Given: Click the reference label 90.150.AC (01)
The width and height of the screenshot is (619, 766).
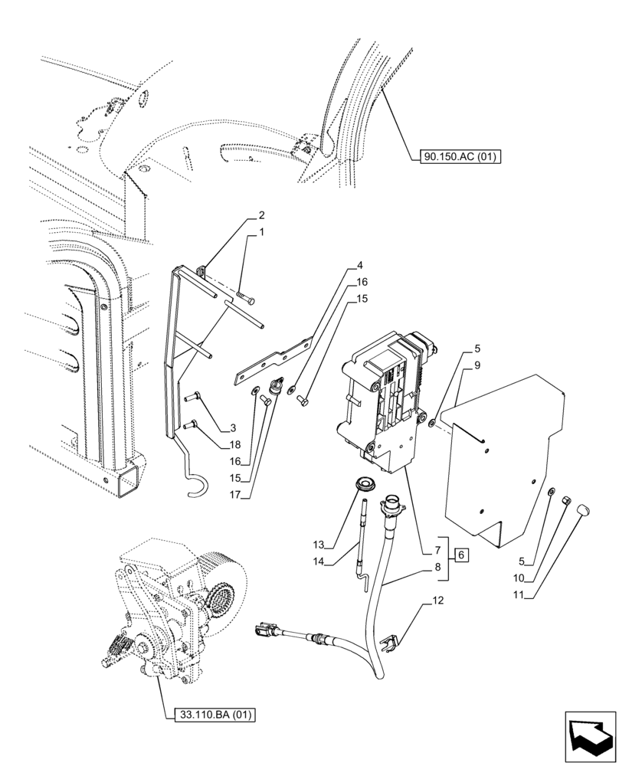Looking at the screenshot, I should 459,158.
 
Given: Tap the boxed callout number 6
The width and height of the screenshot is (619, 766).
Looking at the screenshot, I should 460,555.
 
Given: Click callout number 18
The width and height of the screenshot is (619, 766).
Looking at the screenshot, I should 234,444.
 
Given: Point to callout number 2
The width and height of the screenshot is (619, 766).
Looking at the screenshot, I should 261,215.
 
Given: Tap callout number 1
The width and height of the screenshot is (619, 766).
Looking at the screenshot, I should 261,232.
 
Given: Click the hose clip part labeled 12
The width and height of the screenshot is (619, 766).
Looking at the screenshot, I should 391,638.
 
